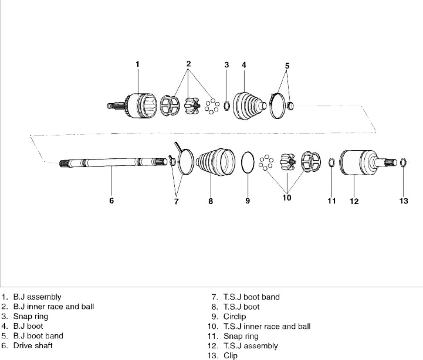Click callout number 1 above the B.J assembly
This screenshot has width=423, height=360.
[137, 64]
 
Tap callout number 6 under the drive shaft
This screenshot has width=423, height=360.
[112, 200]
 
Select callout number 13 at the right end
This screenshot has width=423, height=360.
[403, 201]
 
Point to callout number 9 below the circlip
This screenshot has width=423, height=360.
[248, 201]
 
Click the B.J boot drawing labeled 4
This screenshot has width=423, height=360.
[247, 105]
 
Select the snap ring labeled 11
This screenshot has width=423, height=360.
[331, 162]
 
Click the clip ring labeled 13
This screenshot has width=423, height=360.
[403, 161]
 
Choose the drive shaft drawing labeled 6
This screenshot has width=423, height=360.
[112, 162]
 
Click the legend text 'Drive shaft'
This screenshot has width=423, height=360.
[33, 346]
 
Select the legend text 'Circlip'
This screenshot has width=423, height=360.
[235, 317]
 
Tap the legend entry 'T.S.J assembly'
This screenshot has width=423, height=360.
[250, 346]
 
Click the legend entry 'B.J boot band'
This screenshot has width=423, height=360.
[38, 336]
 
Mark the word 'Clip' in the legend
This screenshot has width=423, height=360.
[230, 356]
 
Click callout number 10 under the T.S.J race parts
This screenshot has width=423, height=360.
[287, 198]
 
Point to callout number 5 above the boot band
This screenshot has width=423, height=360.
[287, 66]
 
